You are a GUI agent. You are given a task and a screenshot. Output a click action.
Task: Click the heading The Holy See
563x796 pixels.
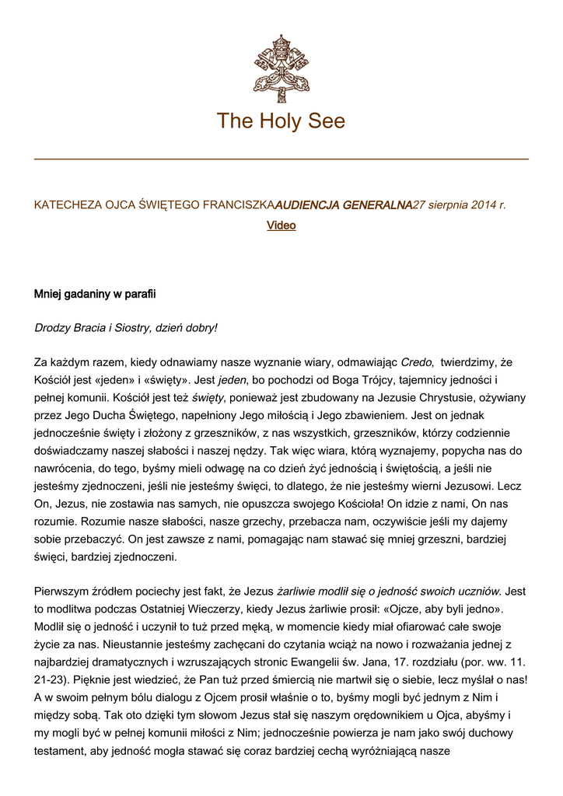click(281, 121)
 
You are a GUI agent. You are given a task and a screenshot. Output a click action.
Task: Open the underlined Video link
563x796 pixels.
click(281, 225)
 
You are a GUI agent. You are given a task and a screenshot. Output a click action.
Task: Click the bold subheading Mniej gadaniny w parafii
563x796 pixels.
click(95, 295)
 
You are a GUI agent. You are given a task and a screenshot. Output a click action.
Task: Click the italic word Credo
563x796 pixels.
click(416, 362)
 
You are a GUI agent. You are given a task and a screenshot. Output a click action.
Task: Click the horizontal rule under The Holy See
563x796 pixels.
click(281, 159)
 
